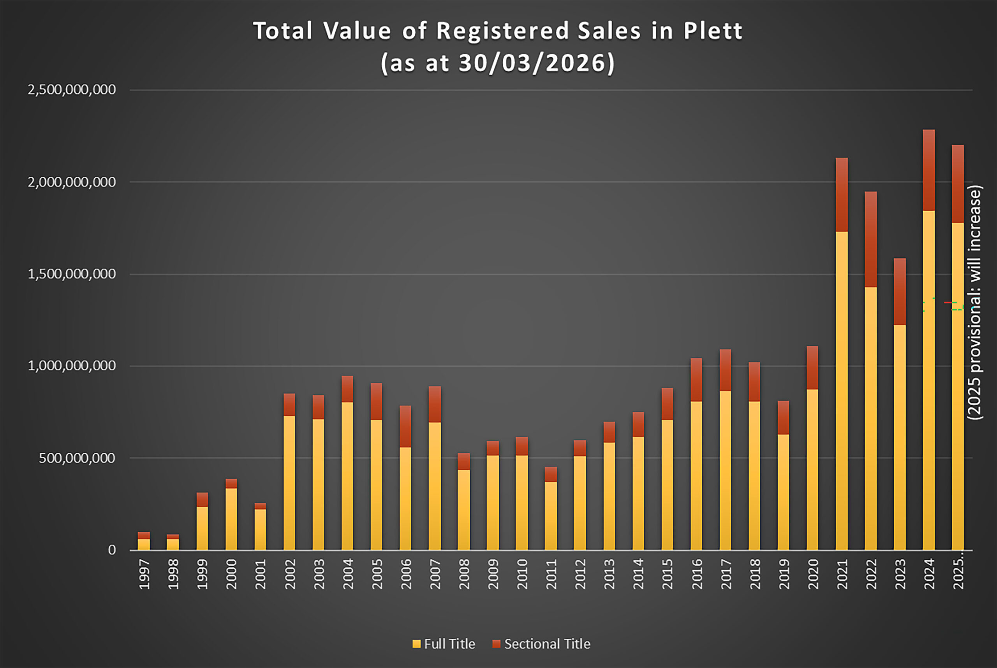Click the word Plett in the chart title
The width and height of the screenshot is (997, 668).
click(713, 32)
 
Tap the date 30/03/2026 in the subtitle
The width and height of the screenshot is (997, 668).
click(531, 63)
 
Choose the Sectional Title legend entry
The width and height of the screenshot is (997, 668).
click(542, 644)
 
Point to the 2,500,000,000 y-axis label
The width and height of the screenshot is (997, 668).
click(72, 90)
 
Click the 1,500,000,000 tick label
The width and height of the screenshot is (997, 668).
click(72, 274)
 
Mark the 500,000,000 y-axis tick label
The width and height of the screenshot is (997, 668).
click(77, 458)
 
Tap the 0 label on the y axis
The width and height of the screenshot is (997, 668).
click(112, 550)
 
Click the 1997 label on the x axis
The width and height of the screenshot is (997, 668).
click(144, 574)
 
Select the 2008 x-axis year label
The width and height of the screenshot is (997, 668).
click(464, 574)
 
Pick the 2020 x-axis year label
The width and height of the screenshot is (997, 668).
click(813, 574)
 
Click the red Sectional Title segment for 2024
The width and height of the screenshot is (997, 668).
click(929, 170)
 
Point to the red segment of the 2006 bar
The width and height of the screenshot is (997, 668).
click(405, 426)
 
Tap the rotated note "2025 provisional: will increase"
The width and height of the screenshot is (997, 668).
click(974, 302)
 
